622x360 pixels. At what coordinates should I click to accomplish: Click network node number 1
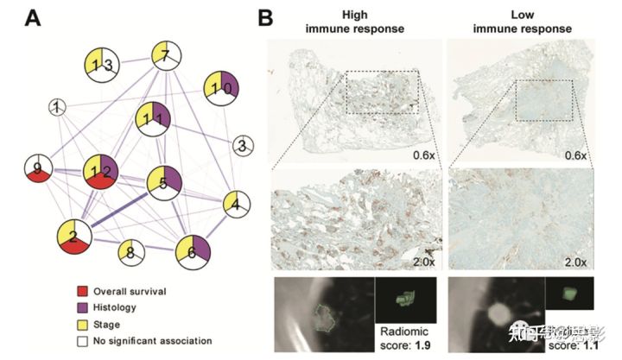coord(57,108)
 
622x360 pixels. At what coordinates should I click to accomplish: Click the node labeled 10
coord(219,90)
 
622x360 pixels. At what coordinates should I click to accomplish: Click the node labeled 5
coord(162,182)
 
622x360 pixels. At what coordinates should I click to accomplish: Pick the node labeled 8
coord(130,253)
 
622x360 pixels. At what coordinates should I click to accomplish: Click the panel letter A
coord(32,16)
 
